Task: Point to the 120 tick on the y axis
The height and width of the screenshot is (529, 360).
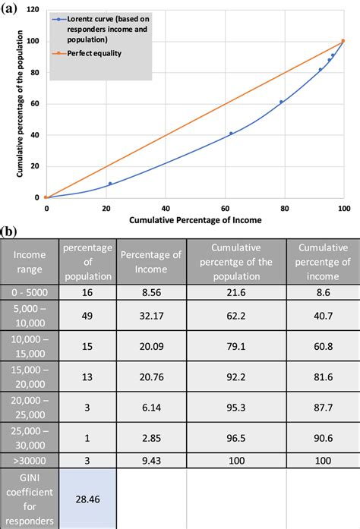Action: pyautogui.click(x=33, y=10)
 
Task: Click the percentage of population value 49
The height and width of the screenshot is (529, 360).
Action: pyautogui.click(x=87, y=315)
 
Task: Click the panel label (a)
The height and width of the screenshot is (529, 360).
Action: pyautogui.click(x=10, y=7)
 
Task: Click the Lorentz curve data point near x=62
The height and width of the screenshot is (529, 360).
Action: pyautogui.click(x=231, y=134)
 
